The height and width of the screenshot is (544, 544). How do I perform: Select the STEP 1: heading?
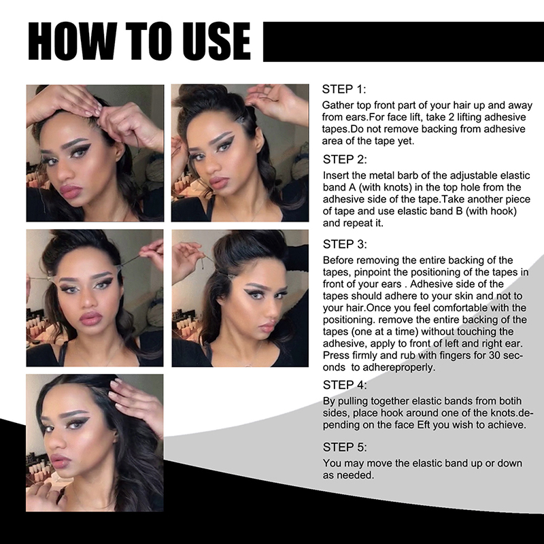[344, 89]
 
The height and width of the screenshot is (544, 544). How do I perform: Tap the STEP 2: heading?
[345, 159]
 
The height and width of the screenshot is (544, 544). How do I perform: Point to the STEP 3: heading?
[345, 244]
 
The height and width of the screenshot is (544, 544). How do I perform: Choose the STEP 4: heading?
[345, 385]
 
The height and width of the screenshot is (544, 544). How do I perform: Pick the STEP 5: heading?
[345, 447]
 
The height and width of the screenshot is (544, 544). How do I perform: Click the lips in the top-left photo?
[71, 191]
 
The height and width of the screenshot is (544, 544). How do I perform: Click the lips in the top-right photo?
[218, 182]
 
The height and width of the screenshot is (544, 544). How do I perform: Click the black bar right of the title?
[403, 41]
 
